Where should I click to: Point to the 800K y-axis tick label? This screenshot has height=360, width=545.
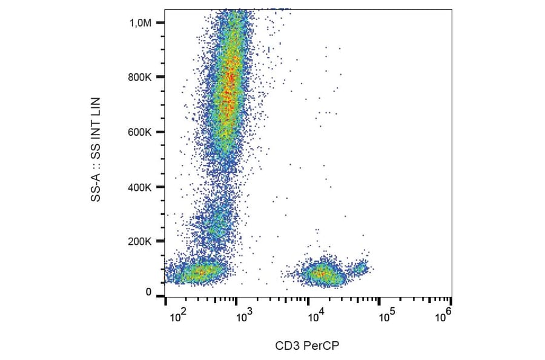pos(142,77)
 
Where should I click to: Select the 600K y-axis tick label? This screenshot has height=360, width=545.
pos(142,132)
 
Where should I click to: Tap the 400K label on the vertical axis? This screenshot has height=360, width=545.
pos(142,187)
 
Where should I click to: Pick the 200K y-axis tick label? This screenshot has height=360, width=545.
pos(142,241)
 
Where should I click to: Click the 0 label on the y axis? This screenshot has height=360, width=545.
pos(148,293)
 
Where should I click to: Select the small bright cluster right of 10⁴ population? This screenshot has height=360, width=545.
pos(361,267)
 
